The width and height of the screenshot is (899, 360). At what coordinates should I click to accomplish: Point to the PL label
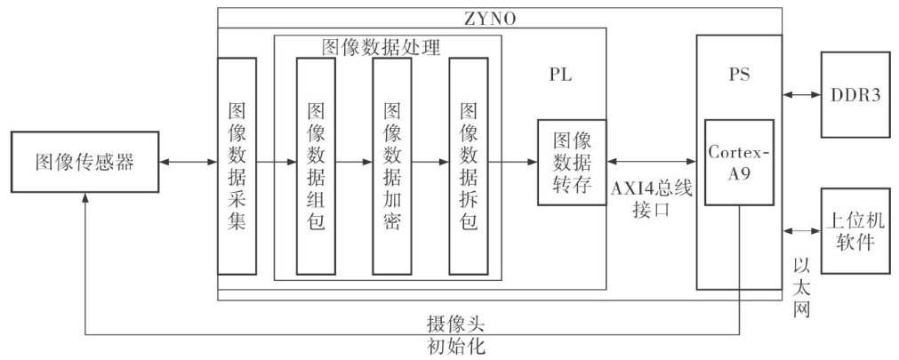[x=560, y=76]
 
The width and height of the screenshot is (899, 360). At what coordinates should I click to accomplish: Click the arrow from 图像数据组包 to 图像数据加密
[x=354, y=163]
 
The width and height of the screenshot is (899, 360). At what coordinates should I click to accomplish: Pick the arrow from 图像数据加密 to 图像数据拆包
[x=430, y=163]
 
